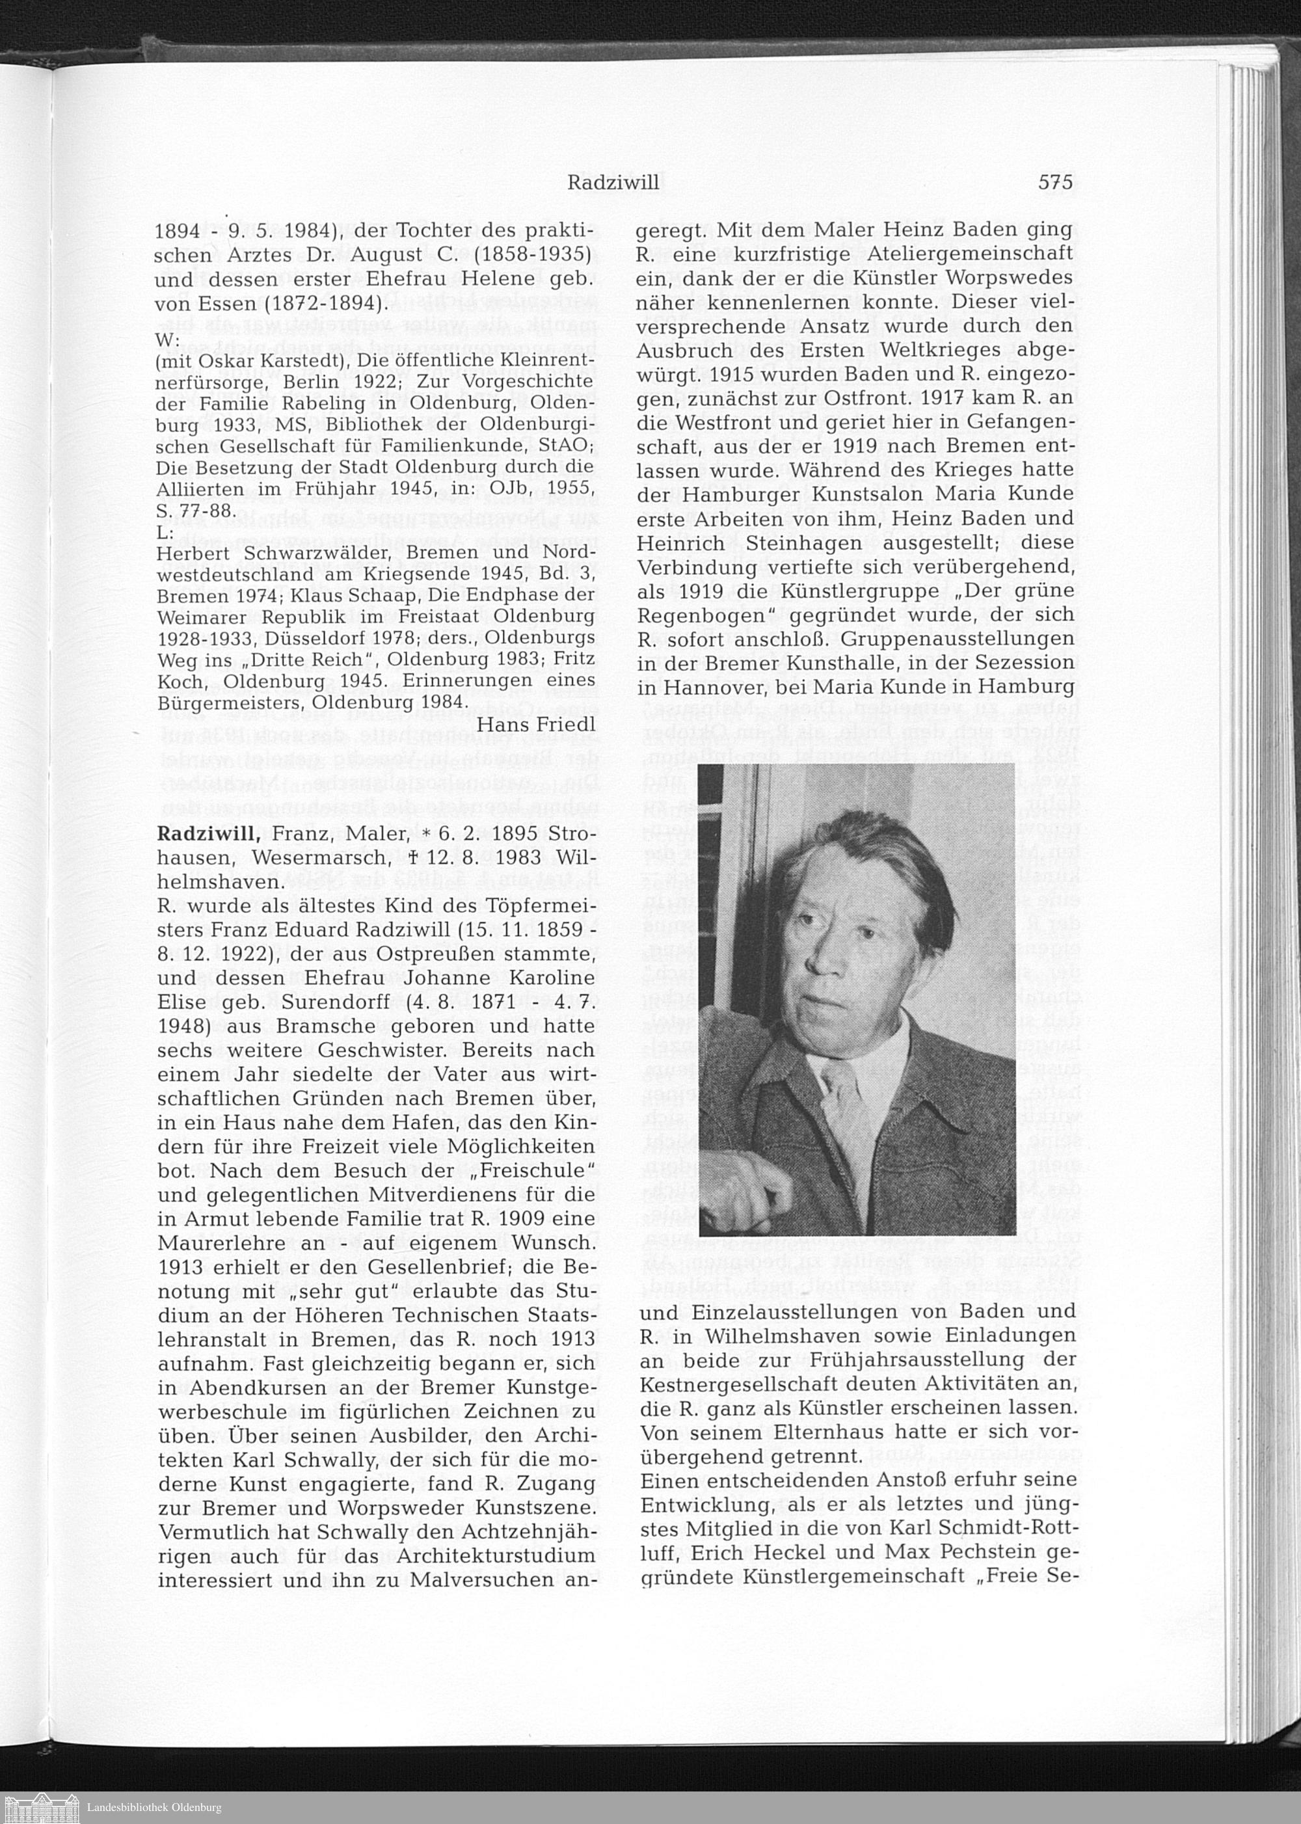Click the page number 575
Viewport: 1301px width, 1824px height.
click(1055, 183)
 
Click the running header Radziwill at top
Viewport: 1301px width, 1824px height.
click(613, 183)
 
